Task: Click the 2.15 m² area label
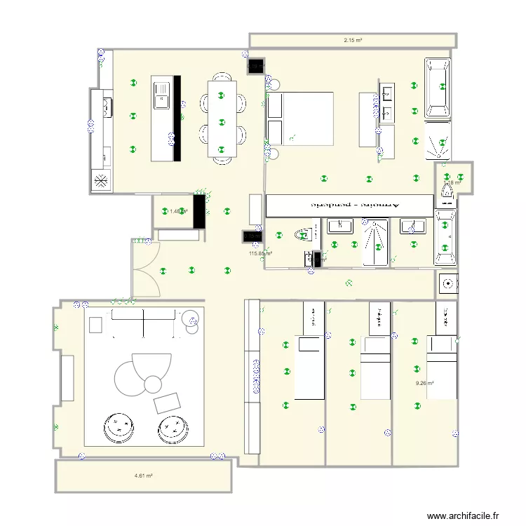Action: click(353, 41)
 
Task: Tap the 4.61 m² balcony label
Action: click(144, 476)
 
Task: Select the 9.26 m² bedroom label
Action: click(424, 384)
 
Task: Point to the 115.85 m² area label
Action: click(260, 254)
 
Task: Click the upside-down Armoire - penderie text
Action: click(349, 205)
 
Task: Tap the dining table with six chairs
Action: click(222, 118)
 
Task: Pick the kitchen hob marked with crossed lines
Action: click(101, 181)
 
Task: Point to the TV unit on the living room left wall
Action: click(67, 379)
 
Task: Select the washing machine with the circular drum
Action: click(447, 283)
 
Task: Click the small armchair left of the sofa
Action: click(95, 325)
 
